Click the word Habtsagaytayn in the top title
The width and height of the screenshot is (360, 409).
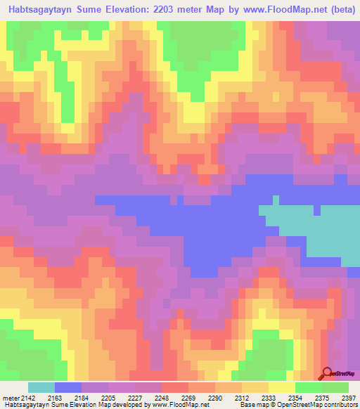tap(41, 10)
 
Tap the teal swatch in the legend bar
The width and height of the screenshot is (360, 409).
tap(41, 387)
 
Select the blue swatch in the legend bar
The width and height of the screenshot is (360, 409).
tap(68, 387)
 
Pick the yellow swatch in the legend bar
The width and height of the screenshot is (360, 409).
tap(282, 387)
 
